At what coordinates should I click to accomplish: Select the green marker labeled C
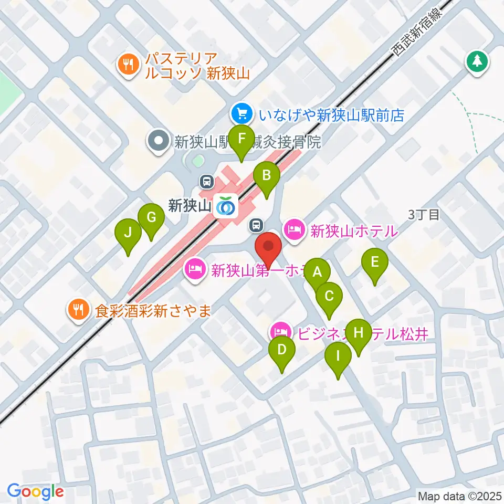[x=329, y=297]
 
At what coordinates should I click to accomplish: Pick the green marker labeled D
[x=282, y=350]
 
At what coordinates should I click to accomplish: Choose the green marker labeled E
[x=375, y=262]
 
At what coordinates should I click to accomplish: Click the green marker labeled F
[x=241, y=140]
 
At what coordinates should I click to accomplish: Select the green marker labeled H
[x=359, y=333]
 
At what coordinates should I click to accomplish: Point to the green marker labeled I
[x=338, y=356]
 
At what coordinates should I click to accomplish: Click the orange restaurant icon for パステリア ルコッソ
[x=127, y=66]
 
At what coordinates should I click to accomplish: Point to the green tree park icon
[x=477, y=61]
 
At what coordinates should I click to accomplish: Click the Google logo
[x=35, y=491]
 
